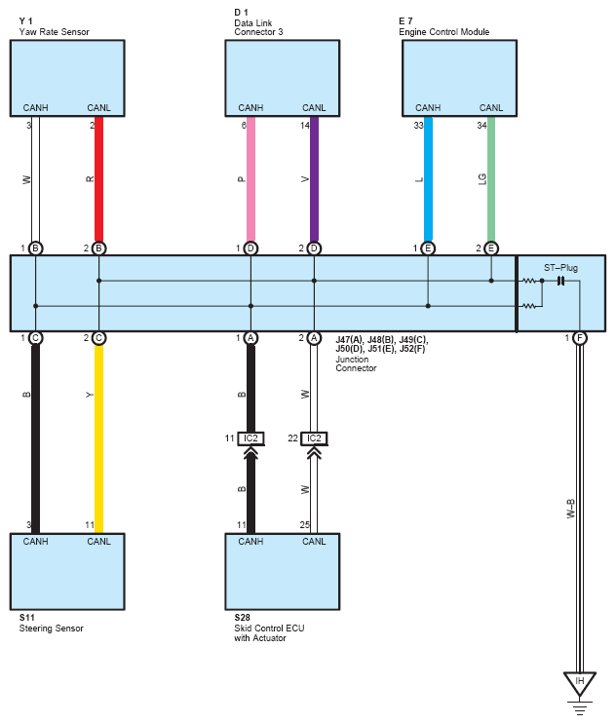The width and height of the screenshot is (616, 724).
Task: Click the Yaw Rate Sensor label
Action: pos(54,32)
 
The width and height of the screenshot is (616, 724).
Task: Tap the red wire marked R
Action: pos(98,179)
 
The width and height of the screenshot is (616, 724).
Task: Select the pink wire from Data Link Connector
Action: pos(250,179)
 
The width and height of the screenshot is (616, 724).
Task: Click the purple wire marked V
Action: pos(314,179)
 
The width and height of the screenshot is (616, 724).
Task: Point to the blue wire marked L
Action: pos(428,179)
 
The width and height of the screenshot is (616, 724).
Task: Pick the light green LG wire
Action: pos(491,179)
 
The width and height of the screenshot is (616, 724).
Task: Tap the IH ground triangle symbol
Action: pos(580,683)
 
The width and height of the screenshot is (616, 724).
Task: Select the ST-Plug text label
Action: pos(560,268)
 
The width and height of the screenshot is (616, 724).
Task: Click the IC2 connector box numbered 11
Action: pos(250,438)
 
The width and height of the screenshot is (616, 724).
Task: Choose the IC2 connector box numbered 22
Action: pos(314,438)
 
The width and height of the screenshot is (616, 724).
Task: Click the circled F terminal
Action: pos(580,338)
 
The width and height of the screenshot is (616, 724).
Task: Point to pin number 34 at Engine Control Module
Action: pos(481,125)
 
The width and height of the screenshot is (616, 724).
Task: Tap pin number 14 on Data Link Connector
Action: pos(305,125)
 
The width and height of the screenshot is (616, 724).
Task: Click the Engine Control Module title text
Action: pos(443,32)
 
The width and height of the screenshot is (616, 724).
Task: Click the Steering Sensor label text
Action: pos(52,628)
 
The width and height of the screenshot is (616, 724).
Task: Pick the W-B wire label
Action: pos(571,509)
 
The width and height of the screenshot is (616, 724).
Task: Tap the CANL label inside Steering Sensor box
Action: pos(98,541)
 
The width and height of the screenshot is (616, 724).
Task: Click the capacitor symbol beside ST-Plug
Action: pos(560,281)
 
